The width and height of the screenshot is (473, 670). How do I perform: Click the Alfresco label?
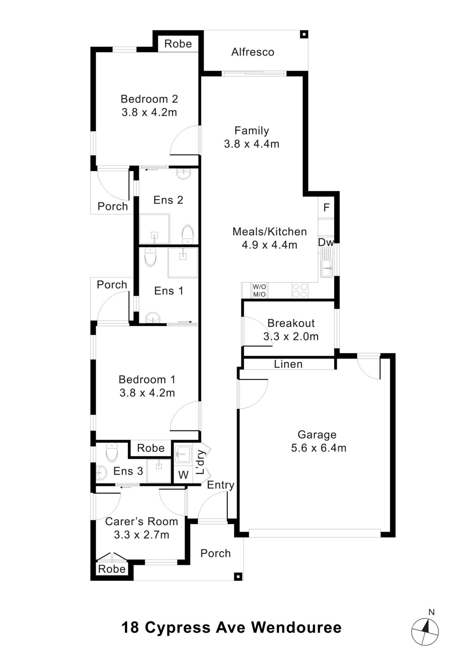(253, 52)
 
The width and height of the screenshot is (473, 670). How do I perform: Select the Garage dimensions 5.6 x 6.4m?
(318, 448)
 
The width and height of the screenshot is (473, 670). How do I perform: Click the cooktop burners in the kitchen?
(300, 291)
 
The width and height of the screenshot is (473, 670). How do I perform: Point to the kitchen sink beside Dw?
(326, 263)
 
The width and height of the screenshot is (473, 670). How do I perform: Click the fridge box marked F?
(326, 207)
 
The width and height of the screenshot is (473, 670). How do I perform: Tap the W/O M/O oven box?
(260, 291)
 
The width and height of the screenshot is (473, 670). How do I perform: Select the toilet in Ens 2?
(188, 234)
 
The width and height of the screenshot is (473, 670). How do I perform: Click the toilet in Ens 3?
(112, 452)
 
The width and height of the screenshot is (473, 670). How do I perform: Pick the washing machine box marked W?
(183, 474)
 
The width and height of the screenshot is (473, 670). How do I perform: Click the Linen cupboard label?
(288, 364)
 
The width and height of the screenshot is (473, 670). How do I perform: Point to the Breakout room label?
(291, 323)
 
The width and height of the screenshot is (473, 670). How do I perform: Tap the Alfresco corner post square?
(304, 34)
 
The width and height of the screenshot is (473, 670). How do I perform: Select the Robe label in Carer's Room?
(112, 569)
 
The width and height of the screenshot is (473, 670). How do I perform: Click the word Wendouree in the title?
(296, 627)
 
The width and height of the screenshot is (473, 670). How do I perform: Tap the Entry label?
(221, 485)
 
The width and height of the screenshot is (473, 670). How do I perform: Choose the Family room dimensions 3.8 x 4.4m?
(252, 144)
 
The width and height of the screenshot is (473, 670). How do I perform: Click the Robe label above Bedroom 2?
(178, 44)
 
